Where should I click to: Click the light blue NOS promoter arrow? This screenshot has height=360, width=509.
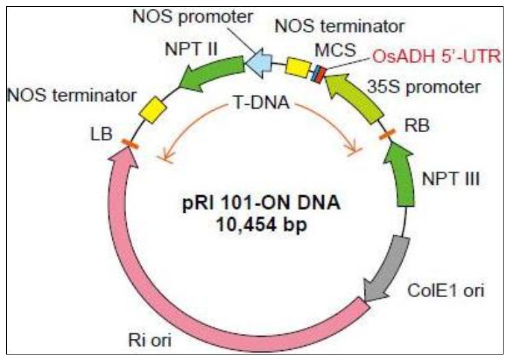point(259,64)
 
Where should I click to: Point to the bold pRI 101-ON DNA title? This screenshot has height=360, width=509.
point(257,203)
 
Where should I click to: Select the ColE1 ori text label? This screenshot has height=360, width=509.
point(451,292)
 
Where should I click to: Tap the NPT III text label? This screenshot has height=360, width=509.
point(450,180)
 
